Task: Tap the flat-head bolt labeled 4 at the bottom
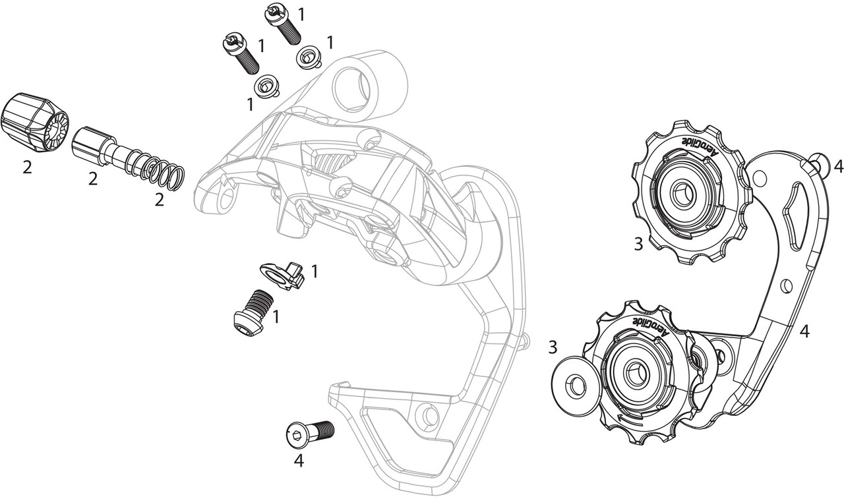311,433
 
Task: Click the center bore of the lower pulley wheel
635,374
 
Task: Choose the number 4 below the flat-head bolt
299,462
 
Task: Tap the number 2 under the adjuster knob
26,168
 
